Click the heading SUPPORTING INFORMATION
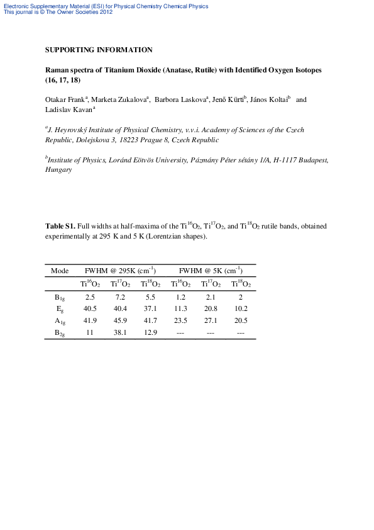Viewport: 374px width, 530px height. click(99, 50)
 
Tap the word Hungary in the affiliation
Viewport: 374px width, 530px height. click(58, 170)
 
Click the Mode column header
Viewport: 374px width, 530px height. click(59, 271)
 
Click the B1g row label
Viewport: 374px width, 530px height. click(60, 297)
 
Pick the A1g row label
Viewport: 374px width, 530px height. click(60, 320)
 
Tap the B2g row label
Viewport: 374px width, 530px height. click(60, 332)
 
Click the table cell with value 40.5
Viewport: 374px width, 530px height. click(90, 308)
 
